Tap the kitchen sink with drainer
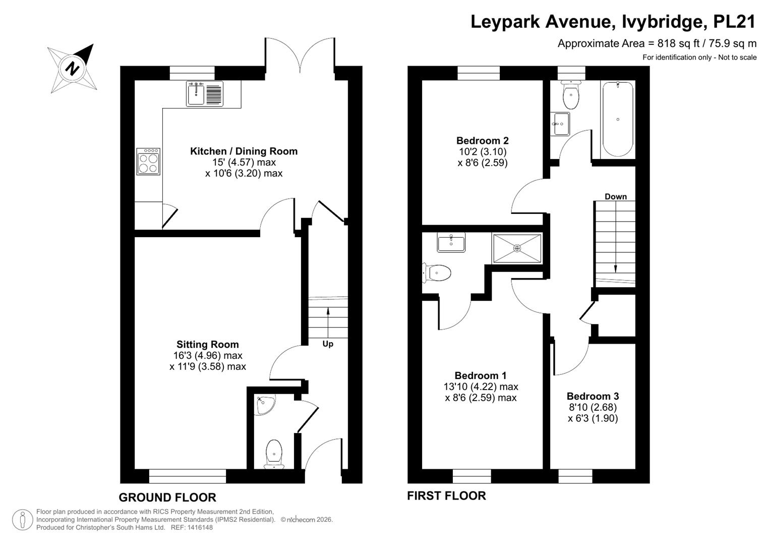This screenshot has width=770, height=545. point(205,93)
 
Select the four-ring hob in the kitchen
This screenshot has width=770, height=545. point(148,161)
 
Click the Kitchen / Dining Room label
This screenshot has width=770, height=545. point(244,151)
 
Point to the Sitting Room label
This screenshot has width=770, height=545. point(208,344)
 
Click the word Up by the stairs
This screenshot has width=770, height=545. point(328,344)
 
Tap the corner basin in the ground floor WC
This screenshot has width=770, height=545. point(265,405)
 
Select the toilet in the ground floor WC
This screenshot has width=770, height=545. point(274,454)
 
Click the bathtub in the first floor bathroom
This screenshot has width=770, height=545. point(618,119)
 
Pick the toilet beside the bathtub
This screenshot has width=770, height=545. point(571,94)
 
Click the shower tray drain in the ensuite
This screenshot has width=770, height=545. point(517,248)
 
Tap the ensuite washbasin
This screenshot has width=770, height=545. point(451,242)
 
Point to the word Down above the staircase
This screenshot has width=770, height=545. point(616,196)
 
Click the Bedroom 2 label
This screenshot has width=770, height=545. point(482,140)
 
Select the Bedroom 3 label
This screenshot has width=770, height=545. point(593,396)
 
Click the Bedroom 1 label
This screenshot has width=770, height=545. point(481,375)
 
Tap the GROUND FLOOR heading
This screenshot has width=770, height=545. point(167,498)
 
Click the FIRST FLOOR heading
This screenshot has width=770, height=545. point(447,496)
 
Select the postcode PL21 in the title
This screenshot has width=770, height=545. point(734,21)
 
